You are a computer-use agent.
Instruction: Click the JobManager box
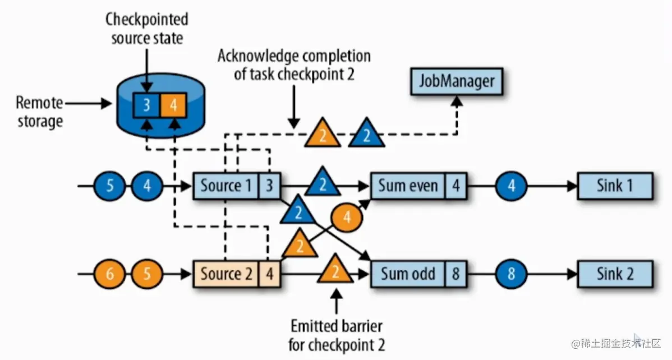[457, 82]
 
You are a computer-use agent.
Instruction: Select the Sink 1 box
[614, 186]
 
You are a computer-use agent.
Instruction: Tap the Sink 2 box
[614, 274]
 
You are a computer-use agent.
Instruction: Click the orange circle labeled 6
[110, 274]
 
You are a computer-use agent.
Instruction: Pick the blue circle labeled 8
[511, 274]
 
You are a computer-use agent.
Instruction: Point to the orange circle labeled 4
[347, 218]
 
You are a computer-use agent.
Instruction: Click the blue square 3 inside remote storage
[146, 105]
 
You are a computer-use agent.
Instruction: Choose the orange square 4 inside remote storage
[173, 105]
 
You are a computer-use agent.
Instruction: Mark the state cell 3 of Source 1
[269, 186]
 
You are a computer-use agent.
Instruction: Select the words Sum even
[408, 186]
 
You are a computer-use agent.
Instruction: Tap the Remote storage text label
[39, 112]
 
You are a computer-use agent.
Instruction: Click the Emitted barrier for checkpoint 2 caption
[337, 335]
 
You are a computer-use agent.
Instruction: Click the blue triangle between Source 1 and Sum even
[322, 182]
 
